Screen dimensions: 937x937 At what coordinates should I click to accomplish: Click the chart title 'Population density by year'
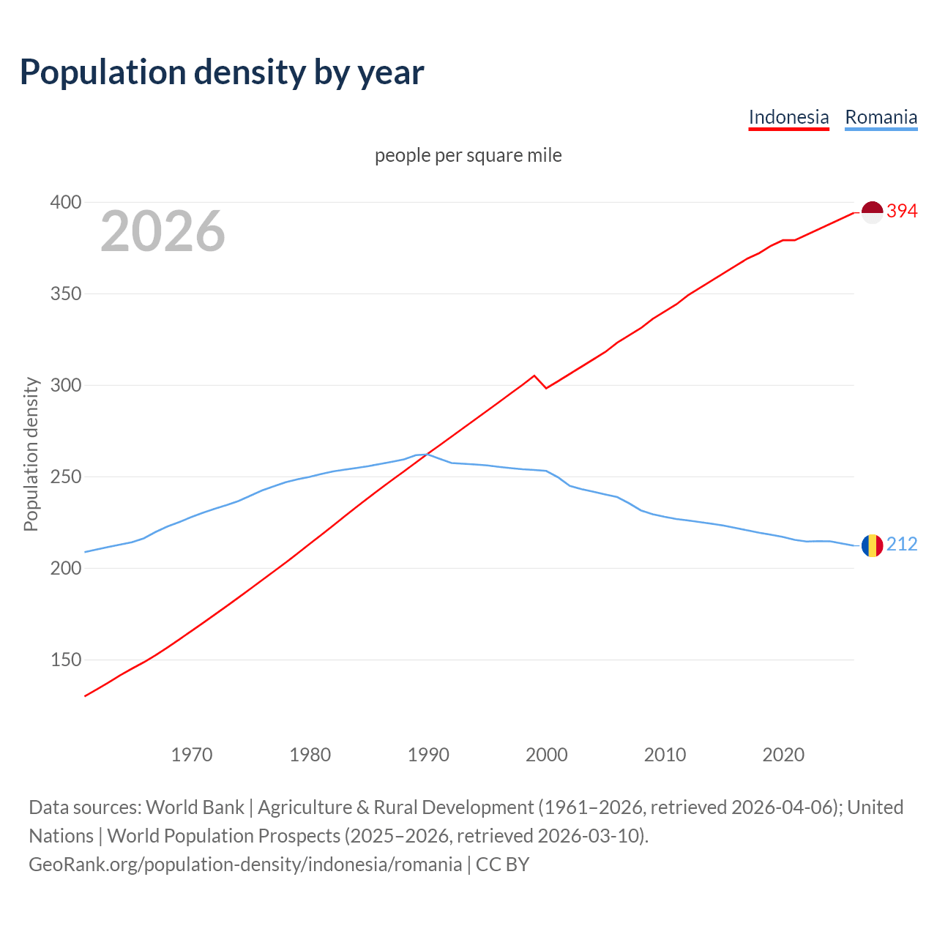tap(222, 72)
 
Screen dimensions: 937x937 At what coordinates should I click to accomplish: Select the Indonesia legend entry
tap(788, 117)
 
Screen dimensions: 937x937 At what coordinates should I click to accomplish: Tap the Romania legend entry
tap(881, 117)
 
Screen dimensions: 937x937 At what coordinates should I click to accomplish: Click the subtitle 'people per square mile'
tap(468, 155)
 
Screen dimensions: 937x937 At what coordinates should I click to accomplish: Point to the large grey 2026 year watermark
tap(163, 231)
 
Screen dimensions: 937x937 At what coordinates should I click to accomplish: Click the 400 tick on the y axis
tap(65, 202)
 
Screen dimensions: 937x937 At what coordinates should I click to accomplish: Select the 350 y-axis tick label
tap(65, 294)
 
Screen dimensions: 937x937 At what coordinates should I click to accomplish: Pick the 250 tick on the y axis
tap(65, 477)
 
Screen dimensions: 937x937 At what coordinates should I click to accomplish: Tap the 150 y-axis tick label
tap(65, 660)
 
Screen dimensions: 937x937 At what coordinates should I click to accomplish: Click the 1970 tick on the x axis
tap(192, 754)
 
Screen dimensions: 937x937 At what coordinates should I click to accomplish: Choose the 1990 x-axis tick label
tap(428, 754)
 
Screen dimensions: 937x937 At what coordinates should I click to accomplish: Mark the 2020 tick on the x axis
tap(783, 754)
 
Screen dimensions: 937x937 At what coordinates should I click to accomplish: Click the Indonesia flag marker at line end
tap(872, 212)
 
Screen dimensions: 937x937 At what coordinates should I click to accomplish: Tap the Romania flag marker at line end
tap(872, 545)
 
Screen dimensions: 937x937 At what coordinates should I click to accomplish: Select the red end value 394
tap(902, 212)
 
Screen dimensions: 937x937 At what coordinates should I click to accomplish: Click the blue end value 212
tap(902, 544)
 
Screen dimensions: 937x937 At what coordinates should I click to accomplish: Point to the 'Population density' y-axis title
tap(31, 454)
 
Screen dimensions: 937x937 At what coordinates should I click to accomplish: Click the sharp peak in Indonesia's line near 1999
tap(534, 376)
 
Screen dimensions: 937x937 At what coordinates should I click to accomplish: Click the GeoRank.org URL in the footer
tap(245, 865)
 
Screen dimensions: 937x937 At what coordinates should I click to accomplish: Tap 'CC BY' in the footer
tap(502, 865)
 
